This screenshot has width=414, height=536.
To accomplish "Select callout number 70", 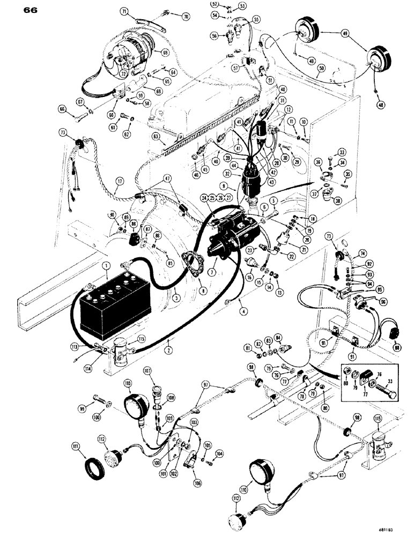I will pyautogui.click(x=187, y=17).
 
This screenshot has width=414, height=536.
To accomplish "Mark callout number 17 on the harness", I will pyautogui.click(x=119, y=181).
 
